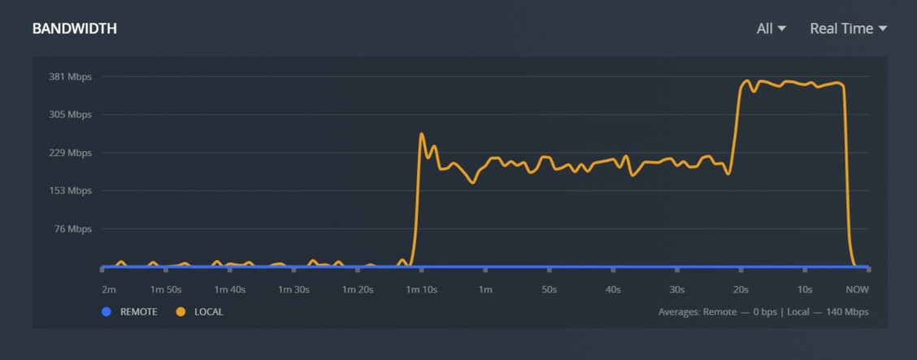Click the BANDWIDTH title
pyautogui.click(x=75, y=28)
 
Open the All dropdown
pyautogui.click(x=771, y=28)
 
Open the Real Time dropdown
pyautogui.click(x=848, y=28)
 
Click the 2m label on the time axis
pyautogui.click(x=109, y=289)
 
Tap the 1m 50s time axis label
pyautogui.click(x=167, y=289)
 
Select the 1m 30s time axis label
pyautogui.click(x=293, y=289)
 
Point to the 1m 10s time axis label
pyautogui.click(x=421, y=289)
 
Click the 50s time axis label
pyautogui.click(x=549, y=289)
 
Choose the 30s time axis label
pyautogui.click(x=676, y=289)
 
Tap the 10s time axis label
pyautogui.click(x=805, y=289)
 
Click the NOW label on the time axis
pyautogui.click(x=857, y=289)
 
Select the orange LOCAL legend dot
pyautogui.click(x=180, y=311)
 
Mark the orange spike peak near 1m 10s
pyautogui.click(x=422, y=134)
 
